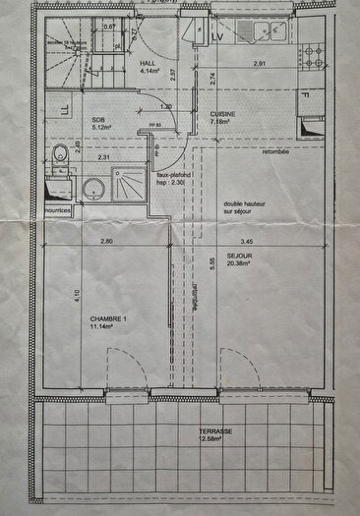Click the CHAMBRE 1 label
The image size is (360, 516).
(x=109, y=320)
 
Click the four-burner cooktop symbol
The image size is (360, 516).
(x=317, y=57)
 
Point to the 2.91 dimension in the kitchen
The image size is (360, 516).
(x=261, y=64)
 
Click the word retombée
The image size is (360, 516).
(x=277, y=152)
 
